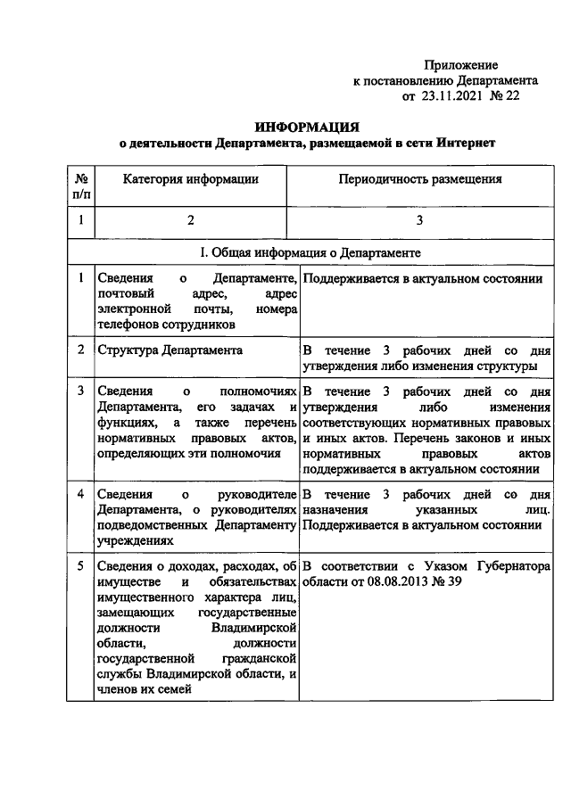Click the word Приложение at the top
click(460, 65)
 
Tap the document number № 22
click(504, 95)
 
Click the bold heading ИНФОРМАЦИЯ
click(307, 128)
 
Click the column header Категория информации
click(191, 179)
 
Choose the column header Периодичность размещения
click(419, 179)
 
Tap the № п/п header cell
click(81, 186)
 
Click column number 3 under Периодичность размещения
click(419, 220)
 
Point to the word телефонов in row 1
click(128, 325)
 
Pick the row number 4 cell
click(81, 493)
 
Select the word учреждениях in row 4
click(133, 539)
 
